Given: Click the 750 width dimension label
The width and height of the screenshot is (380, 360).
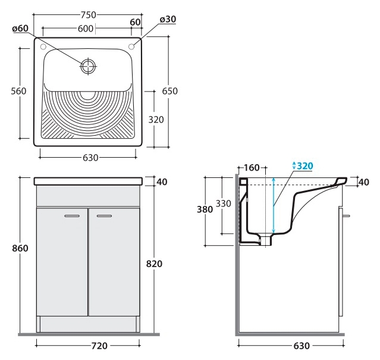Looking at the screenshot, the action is (x=89, y=15).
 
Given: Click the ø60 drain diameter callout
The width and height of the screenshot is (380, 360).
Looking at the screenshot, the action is (x=20, y=29).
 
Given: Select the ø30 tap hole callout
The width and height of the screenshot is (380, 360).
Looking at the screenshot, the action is (x=168, y=19).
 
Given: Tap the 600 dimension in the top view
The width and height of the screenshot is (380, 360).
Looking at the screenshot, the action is (x=86, y=29).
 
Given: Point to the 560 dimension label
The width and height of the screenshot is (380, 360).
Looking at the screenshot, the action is (x=18, y=91).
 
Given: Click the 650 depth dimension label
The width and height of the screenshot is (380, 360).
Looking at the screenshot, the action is (x=170, y=91).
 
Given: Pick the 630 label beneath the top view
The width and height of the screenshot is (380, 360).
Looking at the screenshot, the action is (x=90, y=158).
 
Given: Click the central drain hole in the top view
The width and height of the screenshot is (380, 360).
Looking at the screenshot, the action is (x=88, y=66).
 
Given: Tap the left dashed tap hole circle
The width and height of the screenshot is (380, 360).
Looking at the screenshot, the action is (x=43, y=46).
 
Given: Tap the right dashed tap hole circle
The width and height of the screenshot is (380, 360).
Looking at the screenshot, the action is (x=131, y=46).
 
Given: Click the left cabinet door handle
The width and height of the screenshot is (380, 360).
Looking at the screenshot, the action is (x=72, y=216).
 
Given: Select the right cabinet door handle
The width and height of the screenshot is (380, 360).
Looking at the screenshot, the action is (x=105, y=216).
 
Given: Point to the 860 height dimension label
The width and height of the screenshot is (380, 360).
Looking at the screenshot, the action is (x=20, y=248).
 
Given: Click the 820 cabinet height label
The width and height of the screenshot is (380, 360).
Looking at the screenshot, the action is (x=154, y=264).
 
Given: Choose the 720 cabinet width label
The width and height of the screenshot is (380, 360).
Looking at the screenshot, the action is (x=99, y=346).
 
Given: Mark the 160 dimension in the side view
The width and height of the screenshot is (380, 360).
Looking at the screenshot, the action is (x=252, y=168).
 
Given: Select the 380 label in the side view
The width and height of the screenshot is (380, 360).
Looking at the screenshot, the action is (x=205, y=209).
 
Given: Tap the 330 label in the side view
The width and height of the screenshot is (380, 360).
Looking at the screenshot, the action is (x=223, y=204).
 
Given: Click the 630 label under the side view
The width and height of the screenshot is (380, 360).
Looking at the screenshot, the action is (x=302, y=346).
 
